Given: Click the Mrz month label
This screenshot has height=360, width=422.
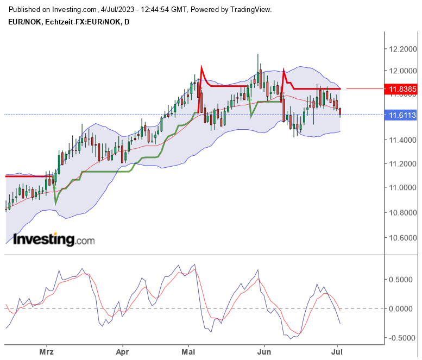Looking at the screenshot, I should (47, 352).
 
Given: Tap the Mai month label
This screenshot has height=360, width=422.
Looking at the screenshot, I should (188, 352).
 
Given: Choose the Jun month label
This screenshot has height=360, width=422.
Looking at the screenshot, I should (264, 352).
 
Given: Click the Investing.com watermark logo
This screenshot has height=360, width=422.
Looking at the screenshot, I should (53, 239).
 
